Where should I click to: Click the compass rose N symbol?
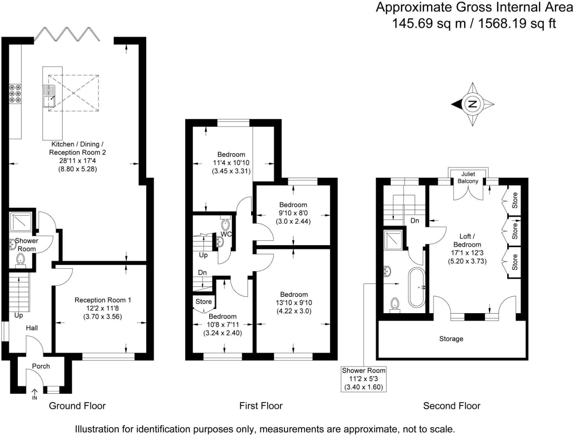coord(472,104)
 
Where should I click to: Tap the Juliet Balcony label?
coord(468,177)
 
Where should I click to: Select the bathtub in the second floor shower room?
coord(417,287)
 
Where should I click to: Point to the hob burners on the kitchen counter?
coord(15,94)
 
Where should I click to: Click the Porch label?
coord(41,366)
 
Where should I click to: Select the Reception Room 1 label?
coord(103,300)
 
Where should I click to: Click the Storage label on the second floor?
coord(451,339)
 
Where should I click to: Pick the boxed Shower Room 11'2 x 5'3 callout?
coord(363,379)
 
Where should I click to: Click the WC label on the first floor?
coord(226,234)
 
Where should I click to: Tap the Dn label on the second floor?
coord(414,221)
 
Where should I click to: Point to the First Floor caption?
coord(260,405)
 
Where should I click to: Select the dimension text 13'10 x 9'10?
coord(293,303)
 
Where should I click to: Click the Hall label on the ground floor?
coord(32,328)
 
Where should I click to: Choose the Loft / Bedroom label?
coord(467,240)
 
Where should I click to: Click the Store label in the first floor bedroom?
coord(204,301)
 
